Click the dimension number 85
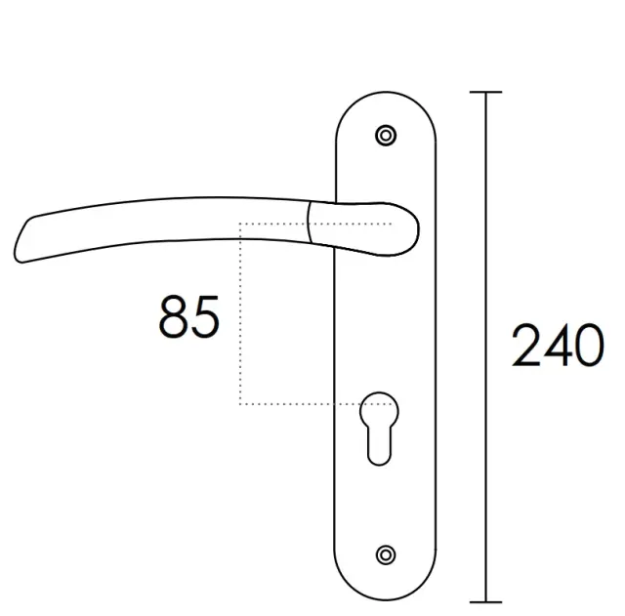tap(188, 317)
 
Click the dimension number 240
tap(558, 345)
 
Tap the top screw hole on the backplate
tap(386, 136)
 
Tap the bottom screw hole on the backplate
tap(386, 554)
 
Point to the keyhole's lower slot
tap(379, 446)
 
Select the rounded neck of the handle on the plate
tap(362, 228)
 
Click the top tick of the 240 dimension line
tap(485, 92)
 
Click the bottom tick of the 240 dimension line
tap(485, 602)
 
